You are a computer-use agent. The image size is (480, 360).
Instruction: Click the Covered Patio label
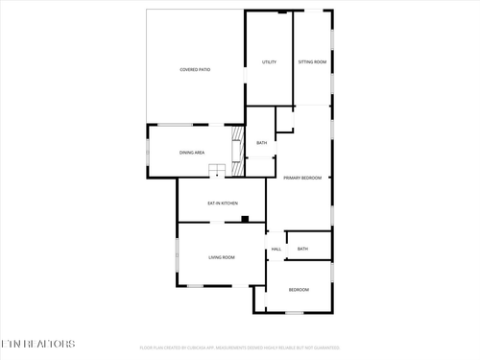195,70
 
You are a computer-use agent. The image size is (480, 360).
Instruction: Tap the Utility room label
270,62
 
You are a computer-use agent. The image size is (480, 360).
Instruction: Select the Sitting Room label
312,62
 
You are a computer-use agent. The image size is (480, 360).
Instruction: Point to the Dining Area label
192,153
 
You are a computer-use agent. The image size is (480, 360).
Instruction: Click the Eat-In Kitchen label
223,204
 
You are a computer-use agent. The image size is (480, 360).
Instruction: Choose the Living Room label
222,257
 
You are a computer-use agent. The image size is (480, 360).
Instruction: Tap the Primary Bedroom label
301,178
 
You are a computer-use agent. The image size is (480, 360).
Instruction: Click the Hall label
276,250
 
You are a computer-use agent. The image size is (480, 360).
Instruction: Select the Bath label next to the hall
302,250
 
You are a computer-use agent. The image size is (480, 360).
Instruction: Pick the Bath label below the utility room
261,144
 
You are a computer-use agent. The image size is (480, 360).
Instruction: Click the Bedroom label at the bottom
300,290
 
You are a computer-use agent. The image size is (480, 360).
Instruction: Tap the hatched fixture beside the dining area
236,150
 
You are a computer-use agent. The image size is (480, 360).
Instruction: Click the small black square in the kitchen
245,219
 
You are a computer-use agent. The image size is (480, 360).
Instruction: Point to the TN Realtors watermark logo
37,342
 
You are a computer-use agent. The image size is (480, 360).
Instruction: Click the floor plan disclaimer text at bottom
240,348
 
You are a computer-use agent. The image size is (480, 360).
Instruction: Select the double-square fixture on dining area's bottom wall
218,171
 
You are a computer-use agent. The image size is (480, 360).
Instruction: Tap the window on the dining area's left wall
147,153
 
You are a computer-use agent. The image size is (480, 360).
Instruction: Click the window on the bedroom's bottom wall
295,312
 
